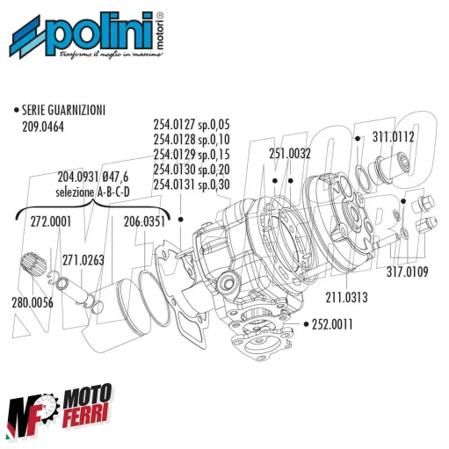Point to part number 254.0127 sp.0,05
pos(191,126)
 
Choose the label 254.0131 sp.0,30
pos(191,185)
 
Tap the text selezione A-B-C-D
pos(92,191)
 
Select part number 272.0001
pos(49,221)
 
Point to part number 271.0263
pos(84,259)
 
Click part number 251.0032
pos(290,153)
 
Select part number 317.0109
pos(405,272)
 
